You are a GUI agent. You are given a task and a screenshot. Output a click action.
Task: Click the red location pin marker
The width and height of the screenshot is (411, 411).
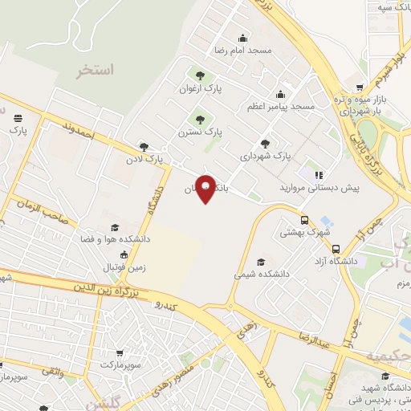click(205, 189)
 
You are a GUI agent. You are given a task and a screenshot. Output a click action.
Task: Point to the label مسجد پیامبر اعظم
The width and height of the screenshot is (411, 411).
click(285, 106)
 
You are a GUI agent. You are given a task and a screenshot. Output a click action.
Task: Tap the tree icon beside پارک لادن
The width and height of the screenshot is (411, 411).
click(144, 147)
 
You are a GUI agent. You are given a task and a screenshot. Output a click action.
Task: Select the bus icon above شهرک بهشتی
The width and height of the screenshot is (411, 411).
click(304, 220)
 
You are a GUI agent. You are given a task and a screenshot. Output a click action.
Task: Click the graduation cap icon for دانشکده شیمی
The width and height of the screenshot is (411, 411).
click(260, 262)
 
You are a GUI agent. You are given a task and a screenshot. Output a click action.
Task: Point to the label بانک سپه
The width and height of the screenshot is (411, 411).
click(392, 7)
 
